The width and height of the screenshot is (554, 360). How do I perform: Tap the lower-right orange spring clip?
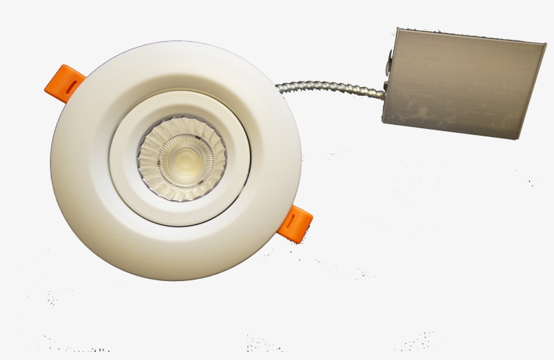296,224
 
